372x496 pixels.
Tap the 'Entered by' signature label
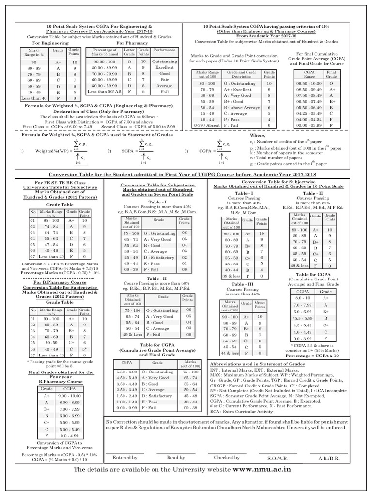pos(125,457)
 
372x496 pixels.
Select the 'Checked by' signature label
pos(227,457)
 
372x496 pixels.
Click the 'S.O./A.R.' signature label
pos(278,458)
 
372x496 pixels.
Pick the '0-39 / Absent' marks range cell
pos(203,125)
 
